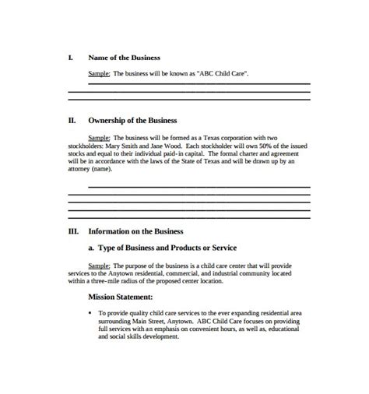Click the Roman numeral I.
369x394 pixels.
pyautogui.click(x=71, y=58)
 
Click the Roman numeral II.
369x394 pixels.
pyautogui.click(x=72, y=121)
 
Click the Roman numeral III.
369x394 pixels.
pyautogui.click(x=73, y=230)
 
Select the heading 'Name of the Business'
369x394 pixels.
pyautogui.click(x=125, y=58)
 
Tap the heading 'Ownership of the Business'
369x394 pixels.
pyautogui.click(x=132, y=121)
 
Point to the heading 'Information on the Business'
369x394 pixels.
pyautogui.click(x=136, y=230)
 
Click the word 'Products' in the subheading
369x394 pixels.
pyautogui.click(x=195, y=247)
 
